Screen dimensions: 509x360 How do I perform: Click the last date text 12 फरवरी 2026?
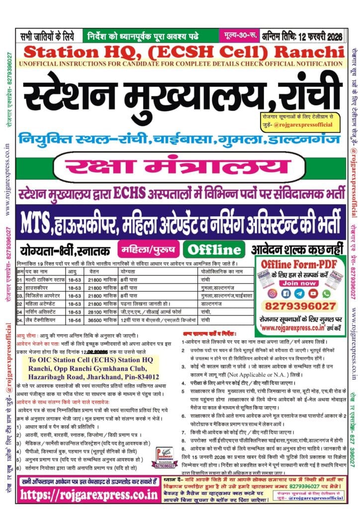[323, 35]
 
